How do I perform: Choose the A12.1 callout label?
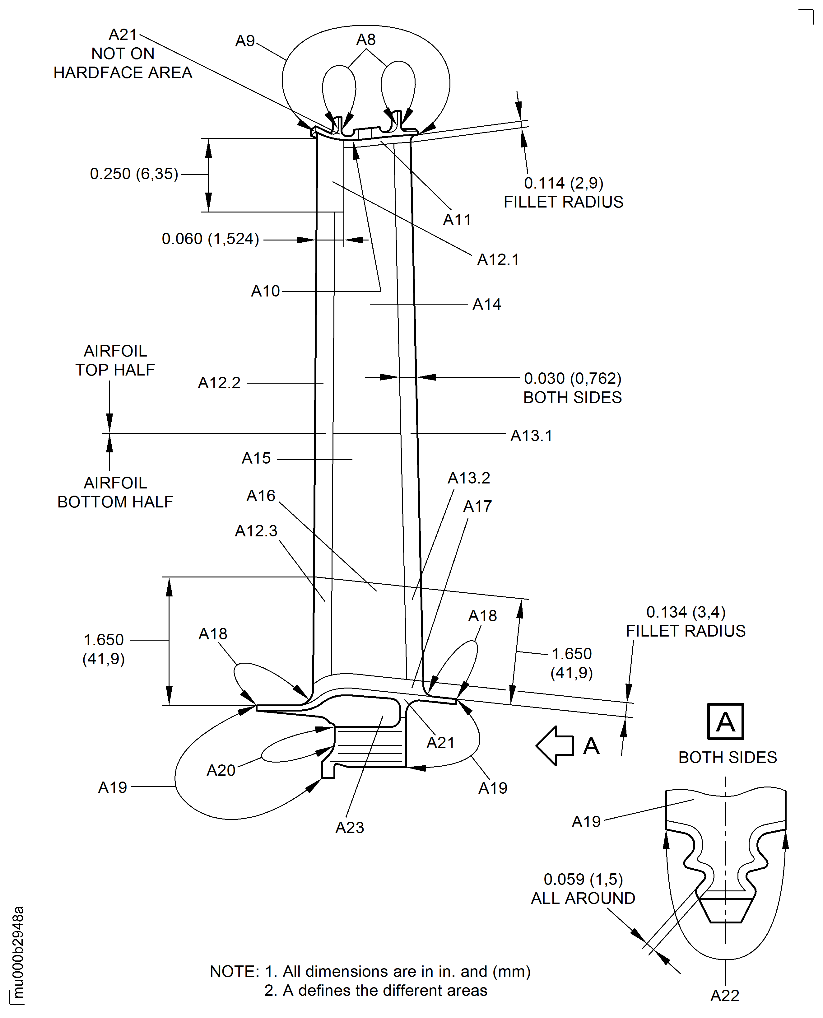tap(498, 260)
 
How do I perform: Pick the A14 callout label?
tap(486, 304)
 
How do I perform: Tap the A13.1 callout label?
tap(531, 436)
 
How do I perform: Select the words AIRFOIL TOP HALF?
tap(115, 360)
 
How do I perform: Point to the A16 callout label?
tap(261, 496)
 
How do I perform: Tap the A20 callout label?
tap(221, 770)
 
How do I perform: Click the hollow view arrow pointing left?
tap(555, 746)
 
